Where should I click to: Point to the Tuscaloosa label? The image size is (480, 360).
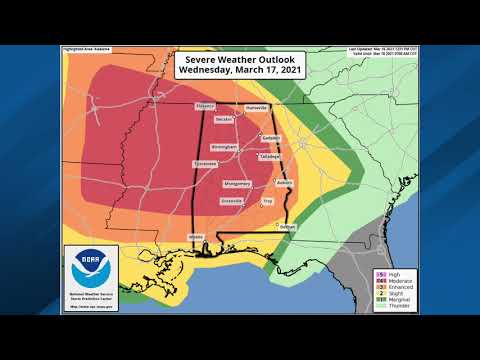(x=206, y=163)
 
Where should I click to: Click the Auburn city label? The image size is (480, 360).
(x=284, y=183)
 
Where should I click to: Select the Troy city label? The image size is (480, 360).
(x=267, y=201)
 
